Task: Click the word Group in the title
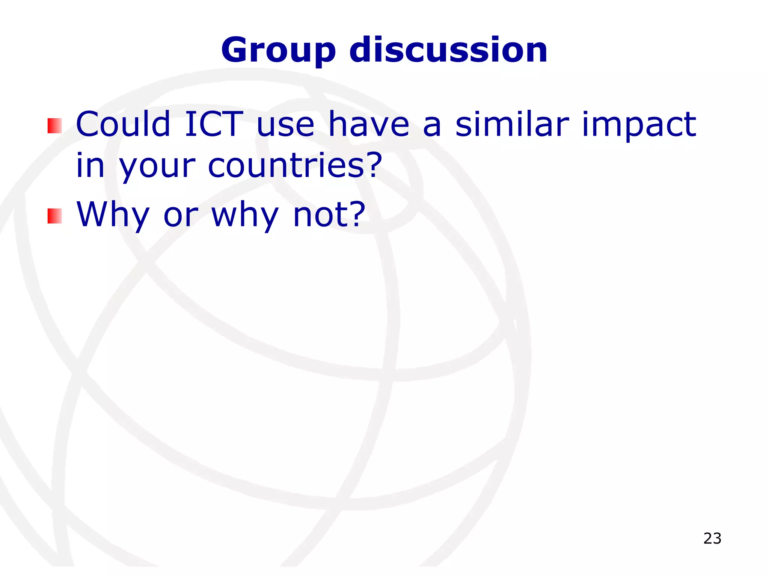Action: coord(278,51)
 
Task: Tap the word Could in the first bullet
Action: coord(123,124)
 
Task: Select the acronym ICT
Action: coord(214,124)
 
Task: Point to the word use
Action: coord(285,126)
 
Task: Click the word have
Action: coord(369,124)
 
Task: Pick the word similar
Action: coord(512,124)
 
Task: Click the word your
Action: coord(157,167)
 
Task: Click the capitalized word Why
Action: coord(113,215)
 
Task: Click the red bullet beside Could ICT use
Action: coord(54,126)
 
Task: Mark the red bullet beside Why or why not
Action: coord(54,216)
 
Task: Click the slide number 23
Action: coord(712,538)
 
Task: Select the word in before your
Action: coord(90,165)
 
